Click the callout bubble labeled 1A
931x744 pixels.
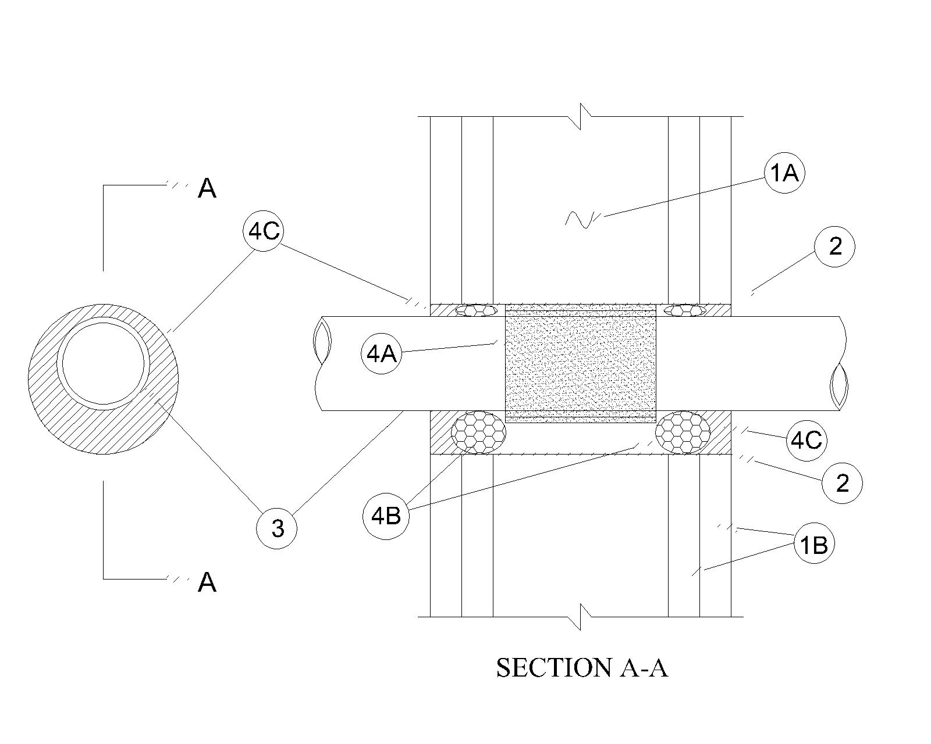784,173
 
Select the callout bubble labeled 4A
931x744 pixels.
382,354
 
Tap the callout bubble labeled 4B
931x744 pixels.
386,516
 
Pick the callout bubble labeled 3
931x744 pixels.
277,528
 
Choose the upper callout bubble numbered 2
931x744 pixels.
834,246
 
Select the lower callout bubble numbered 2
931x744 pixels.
842,483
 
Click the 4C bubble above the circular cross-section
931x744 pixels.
264,231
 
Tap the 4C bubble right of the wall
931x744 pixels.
806,441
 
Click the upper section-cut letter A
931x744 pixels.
207,189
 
